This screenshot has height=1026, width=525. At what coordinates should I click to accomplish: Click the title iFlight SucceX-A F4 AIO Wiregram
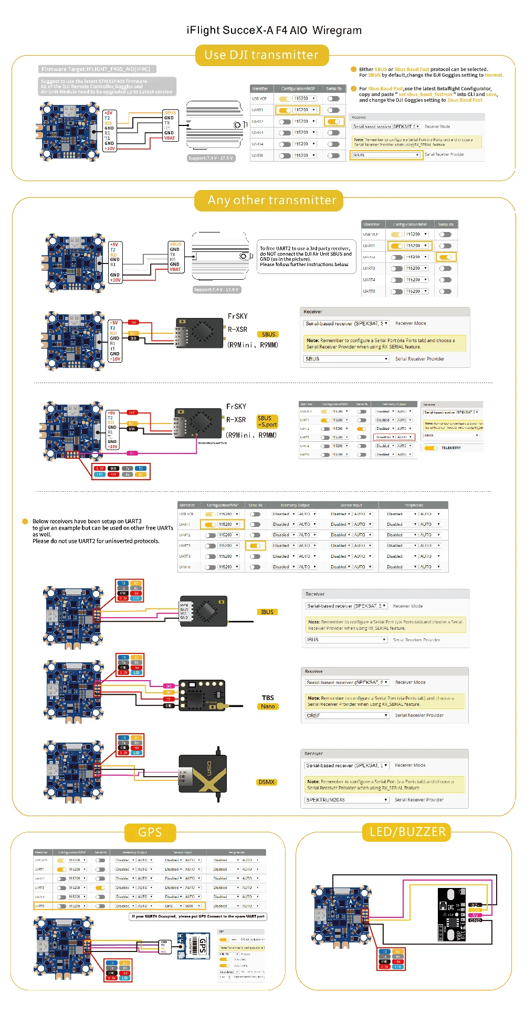click(x=274, y=30)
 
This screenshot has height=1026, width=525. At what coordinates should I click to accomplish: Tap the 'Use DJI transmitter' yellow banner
click(x=262, y=55)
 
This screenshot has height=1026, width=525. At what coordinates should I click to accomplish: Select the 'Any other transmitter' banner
click(x=271, y=200)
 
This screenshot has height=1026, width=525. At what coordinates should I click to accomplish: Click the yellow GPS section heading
click(x=150, y=832)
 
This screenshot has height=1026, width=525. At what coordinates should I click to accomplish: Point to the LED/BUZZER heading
click(x=407, y=832)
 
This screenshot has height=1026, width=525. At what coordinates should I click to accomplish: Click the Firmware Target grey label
click(x=97, y=69)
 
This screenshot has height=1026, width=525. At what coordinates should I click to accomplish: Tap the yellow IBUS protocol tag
click(x=267, y=612)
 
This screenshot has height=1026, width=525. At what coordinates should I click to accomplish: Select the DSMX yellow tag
click(x=266, y=782)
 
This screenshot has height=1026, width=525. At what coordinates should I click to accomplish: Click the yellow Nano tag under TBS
click(x=268, y=706)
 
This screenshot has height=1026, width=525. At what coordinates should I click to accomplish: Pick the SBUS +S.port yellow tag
click(x=267, y=422)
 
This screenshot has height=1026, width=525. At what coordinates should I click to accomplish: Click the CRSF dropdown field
click(x=347, y=715)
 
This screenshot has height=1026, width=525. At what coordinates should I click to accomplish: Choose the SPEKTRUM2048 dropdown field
click(x=347, y=800)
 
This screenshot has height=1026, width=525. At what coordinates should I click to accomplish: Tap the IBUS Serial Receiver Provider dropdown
click(x=346, y=640)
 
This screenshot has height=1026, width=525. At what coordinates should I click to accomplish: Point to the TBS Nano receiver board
click(x=202, y=695)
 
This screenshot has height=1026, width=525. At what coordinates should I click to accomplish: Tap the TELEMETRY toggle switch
click(x=431, y=448)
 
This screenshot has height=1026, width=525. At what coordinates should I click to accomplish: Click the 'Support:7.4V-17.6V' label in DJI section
click(x=211, y=158)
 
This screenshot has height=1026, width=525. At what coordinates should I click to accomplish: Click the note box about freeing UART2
click(x=306, y=256)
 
